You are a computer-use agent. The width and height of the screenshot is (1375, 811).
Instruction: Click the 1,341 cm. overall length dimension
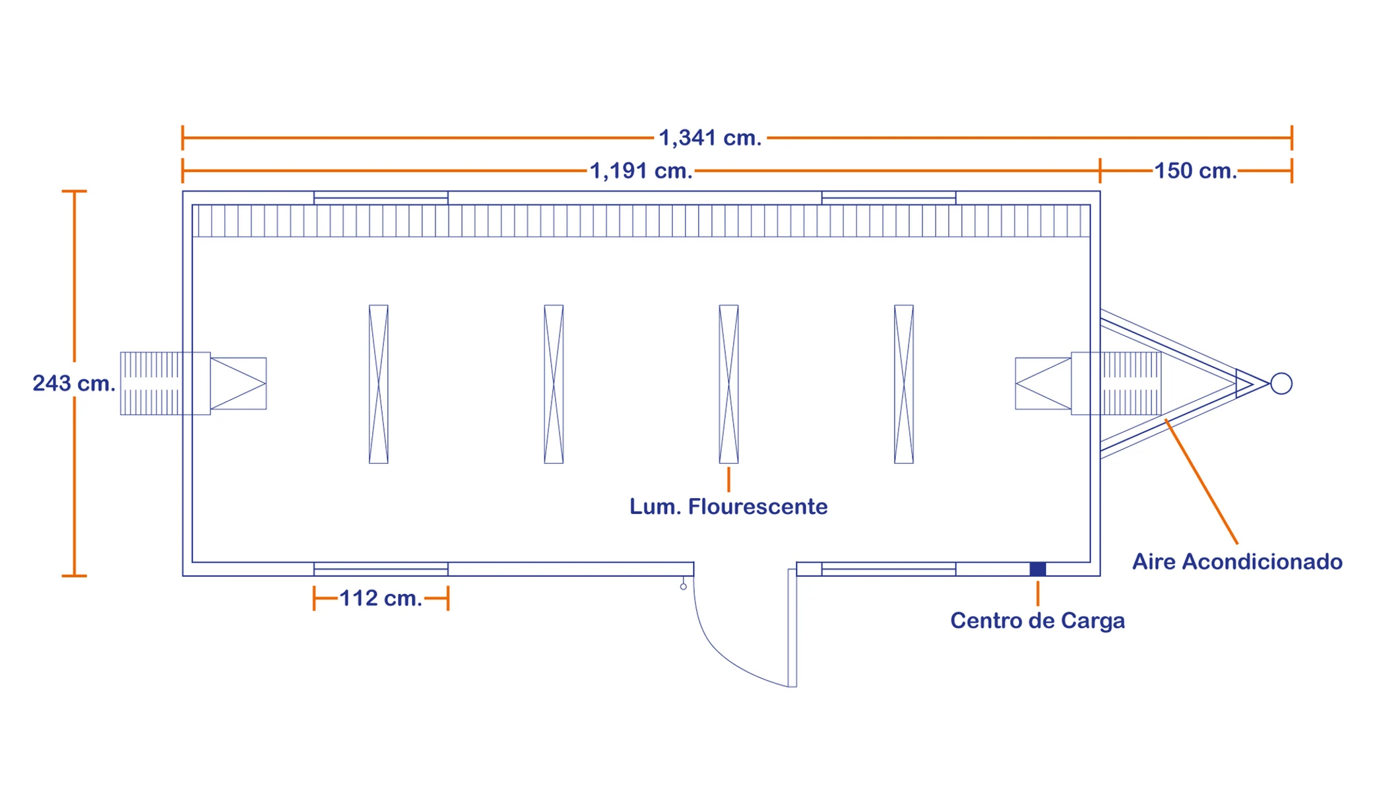[710, 138]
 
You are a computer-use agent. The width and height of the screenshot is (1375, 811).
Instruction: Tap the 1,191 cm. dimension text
[641, 171]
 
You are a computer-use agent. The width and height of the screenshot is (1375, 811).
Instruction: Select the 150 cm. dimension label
[1195, 171]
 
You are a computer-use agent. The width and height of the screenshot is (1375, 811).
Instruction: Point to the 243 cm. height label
[74, 383]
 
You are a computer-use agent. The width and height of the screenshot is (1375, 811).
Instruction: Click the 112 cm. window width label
[381, 599]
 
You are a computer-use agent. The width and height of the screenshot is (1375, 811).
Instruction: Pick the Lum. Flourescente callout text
[728, 507]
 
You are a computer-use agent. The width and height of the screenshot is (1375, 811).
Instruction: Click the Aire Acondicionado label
[1237, 562]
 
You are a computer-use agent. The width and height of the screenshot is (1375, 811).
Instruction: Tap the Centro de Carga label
[1037, 621]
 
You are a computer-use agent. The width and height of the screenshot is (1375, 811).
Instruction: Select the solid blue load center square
[1038, 569]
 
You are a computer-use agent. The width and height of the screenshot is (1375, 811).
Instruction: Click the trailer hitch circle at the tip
[1281, 383]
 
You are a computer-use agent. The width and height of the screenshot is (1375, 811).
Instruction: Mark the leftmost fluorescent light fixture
[379, 384]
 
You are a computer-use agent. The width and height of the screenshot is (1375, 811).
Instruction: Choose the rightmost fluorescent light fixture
[904, 384]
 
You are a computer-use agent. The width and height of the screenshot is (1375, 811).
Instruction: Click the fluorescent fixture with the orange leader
[729, 384]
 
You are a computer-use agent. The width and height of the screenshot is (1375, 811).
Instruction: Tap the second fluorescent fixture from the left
[554, 384]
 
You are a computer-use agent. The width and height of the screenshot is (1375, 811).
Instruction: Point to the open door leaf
[792, 628]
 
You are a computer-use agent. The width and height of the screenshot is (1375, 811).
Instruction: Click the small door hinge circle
[684, 587]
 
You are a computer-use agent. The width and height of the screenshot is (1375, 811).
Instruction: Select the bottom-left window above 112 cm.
[381, 569]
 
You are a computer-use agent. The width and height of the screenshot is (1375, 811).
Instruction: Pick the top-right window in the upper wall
[889, 197]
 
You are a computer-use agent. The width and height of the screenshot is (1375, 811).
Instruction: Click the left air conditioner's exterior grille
[150, 383]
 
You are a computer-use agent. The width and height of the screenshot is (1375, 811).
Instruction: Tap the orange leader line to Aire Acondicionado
[1201, 481]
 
